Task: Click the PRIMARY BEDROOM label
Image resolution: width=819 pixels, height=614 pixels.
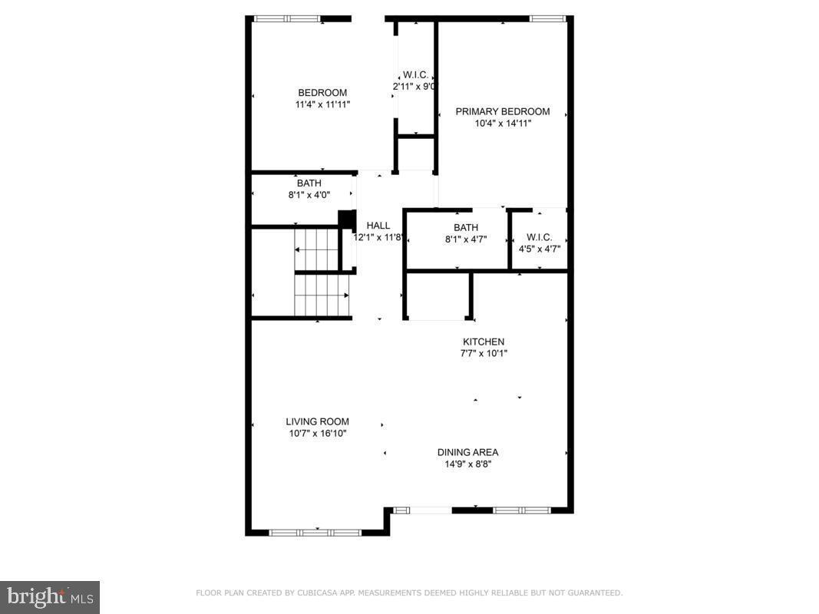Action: pyautogui.click(x=503, y=111)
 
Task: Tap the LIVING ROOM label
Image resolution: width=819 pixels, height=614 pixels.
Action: pyautogui.click(x=317, y=421)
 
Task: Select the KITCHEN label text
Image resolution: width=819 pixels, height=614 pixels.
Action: pyautogui.click(x=483, y=342)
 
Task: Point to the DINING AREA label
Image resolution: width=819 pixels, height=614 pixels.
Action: pyautogui.click(x=467, y=452)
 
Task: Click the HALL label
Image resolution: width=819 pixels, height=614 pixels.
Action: pyautogui.click(x=378, y=226)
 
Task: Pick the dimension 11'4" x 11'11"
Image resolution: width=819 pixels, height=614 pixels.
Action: pyautogui.click(x=322, y=104)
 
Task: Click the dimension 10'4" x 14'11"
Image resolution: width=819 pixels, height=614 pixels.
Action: pyautogui.click(x=503, y=123)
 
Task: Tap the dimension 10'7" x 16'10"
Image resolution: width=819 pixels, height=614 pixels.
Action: pyautogui.click(x=317, y=433)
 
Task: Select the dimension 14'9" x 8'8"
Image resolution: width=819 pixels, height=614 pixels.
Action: pyautogui.click(x=467, y=464)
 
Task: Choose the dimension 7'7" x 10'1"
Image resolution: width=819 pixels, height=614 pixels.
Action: pyautogui.click(x=483, y=353)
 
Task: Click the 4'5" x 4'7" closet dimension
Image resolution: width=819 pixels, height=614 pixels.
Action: pyautogui.click(x=538, y=249)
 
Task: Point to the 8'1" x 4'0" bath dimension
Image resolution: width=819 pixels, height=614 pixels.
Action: pyautogui.click(x=309, y=195)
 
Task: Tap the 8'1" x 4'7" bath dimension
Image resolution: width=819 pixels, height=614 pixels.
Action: pyautogui.click(x=466, y=239)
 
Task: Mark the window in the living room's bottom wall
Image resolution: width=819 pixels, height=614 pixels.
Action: pyautogui.click(x=315, y=531)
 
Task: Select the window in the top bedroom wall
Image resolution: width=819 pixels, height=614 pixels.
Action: pyautogui.click(x=287, y=18)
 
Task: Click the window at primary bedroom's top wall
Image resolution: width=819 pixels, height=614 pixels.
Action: pyautogui.click(x=548, y=18)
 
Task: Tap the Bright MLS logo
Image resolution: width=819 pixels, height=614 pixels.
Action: pyautogui.click(x=49, y=596)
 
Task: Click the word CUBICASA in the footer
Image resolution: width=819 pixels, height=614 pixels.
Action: pyautogui.click(x=312, y=593)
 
